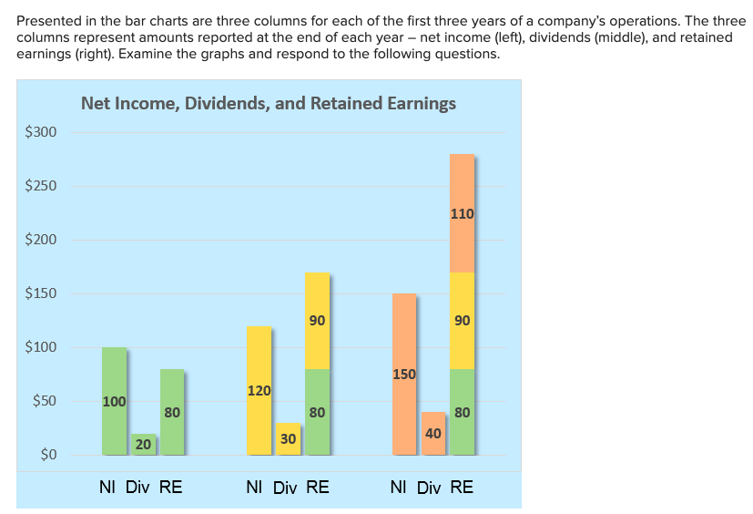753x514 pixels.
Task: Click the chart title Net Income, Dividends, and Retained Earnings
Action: point(268,103)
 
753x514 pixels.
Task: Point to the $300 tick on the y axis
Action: point(40,132)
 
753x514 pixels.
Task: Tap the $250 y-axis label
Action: point(40,186)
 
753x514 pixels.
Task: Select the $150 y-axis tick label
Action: point(40,293)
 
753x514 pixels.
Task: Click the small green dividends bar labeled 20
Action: point(142,445)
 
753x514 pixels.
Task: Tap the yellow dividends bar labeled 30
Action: point(288,439)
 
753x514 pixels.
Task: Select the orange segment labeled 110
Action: point(462,214)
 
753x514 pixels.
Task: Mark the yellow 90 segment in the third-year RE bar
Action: point(462,321)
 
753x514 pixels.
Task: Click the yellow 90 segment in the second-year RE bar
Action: point(317,321)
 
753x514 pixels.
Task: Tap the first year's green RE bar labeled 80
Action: point(172,412)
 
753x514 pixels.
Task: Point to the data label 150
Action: point(403,374)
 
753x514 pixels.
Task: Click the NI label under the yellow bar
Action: point(256,488)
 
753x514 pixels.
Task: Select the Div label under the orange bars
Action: point(429,488)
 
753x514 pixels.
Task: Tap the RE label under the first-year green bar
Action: point(171,488)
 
